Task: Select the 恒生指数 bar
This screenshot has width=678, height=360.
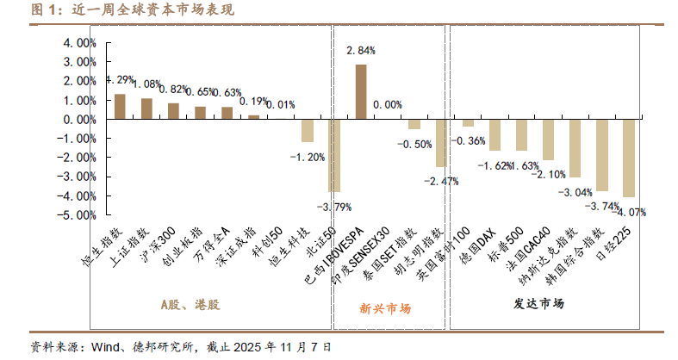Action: click(120, 107)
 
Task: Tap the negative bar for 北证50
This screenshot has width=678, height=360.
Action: click(333, 155)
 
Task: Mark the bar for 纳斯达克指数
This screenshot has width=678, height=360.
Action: click(575, 148)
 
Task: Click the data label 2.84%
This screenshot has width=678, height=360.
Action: click(360, 52)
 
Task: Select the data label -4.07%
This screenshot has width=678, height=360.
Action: click(629, 212)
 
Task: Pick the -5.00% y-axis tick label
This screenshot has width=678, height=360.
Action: click(78, 215)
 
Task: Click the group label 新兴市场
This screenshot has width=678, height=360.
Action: click(385, 307)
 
